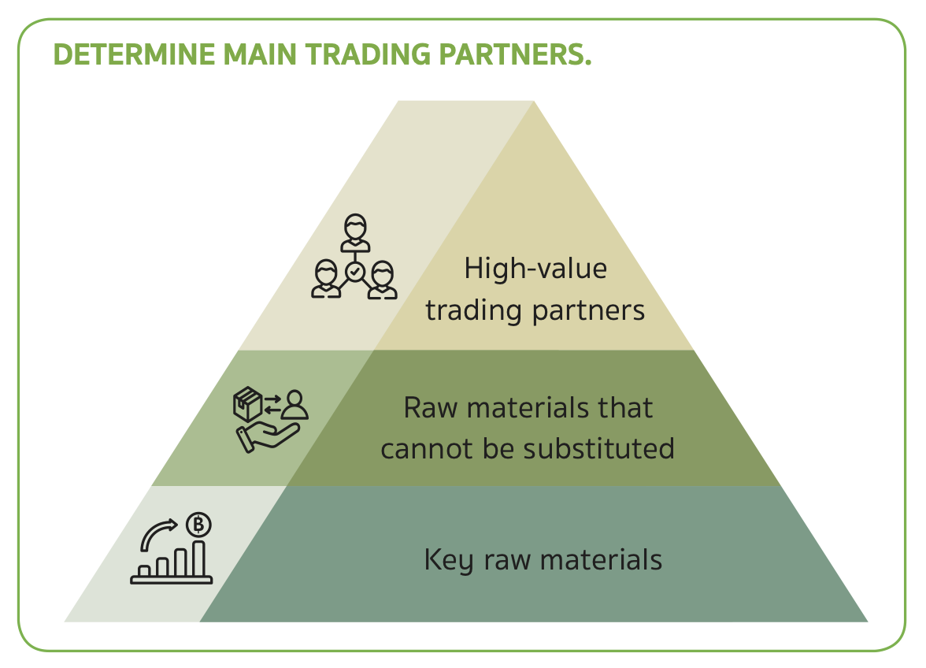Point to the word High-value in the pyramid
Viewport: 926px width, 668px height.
point(535,269)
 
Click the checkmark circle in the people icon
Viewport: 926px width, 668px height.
point(354,272)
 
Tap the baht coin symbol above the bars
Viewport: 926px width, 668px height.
point(199,524)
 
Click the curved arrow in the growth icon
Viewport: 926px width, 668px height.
point(158,535)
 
